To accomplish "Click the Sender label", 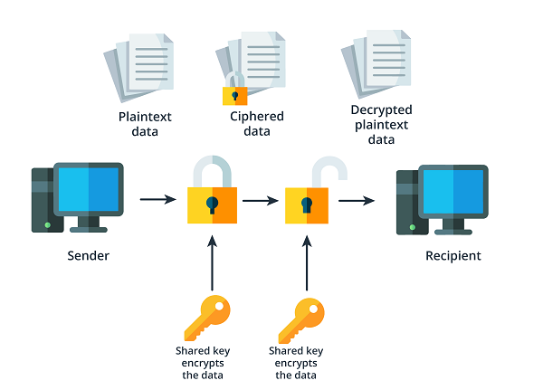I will pyautogui.click(x=88, y=255).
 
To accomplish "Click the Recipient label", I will pyautogui.click(x=453, y=256).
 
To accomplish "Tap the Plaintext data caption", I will pyautogui.click(x=145, y=124).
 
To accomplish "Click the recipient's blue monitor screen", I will pyautogui.click(x=454, y=191).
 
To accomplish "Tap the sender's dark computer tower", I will pyautogui.click(x=43, y=199).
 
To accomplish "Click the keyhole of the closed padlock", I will pyautogui.click(x=213, y=203).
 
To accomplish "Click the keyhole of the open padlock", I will pyautogui.click(x=308, y=205).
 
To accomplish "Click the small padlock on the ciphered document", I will pyautogui.click(x=234, y=92).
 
